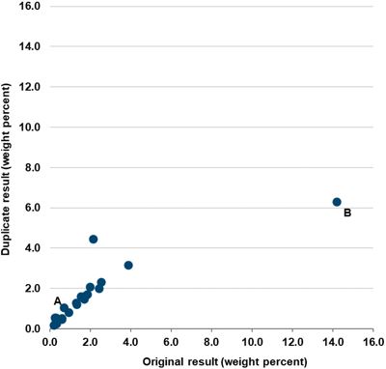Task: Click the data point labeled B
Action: (x=337, y=202)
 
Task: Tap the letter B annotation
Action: (x=347, y=213)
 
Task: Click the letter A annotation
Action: (x=58, y=300)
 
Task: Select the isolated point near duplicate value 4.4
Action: (x=94, y=239)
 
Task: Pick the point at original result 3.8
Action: (x=128, y=265)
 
